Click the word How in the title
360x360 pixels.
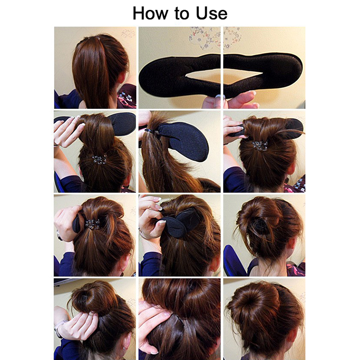click(150, 13)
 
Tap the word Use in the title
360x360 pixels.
click(211, 13)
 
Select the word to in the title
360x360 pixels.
click(182, 14)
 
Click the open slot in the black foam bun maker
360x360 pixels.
click(224, 76)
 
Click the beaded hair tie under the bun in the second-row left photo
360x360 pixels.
click(99, 159)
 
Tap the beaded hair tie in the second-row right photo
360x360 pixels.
click(260, 146)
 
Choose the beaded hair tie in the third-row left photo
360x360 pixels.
click(93, 224)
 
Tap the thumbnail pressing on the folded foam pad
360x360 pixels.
click(162, 222)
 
